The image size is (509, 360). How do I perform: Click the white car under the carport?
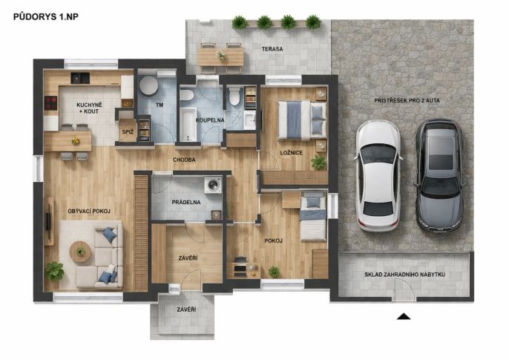[x=378, y=176]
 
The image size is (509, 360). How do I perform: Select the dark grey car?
[x=440, y=176]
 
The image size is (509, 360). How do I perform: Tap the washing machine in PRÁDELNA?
[x=213, y=185]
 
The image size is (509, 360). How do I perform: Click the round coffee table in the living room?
[x=80, y=251]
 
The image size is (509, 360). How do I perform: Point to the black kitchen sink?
[x=80, y=78]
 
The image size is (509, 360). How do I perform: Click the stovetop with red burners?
[x=50, y=103]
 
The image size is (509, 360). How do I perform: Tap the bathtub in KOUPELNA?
[x=188, y=124]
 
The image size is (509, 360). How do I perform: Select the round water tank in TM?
[x=148, y=85]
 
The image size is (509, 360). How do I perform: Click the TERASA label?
[x=272, y=49]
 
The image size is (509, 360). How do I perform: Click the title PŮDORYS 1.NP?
[x=46, y=17]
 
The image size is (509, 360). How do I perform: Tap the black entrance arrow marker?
[x=404, y=316]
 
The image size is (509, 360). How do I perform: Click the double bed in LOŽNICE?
[x=302, y=120]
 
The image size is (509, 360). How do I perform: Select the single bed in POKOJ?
[x=313, y=216]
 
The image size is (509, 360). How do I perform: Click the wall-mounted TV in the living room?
[x=48, y=222]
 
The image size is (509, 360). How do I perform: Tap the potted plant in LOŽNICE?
[x=318, y=162]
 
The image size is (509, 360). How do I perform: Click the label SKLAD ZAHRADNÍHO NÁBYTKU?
[x=404, y=275]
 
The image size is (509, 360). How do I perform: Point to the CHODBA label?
[x=184, y=160]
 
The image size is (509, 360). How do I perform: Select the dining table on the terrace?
[x=220, y=57]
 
